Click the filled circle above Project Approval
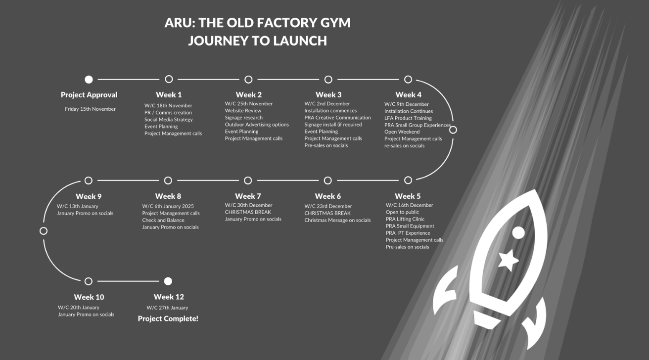click(x=89, y=79)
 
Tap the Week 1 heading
click(x=169, y=94)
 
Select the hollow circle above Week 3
click(x=328, y=79)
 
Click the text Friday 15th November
click(x=90, y=109)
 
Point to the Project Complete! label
click(x=168, y=318)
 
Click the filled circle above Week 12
click(x=168, y=281)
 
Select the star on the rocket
click(x=508, y=259)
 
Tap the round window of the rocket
click(x=518, y=232)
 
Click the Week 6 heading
click(x=328, y=196)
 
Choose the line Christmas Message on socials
click(x=337, y=220)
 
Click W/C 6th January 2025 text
click(x=168, y=206)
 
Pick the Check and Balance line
click(x=163, y=220)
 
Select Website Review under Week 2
click(x=243, y=111)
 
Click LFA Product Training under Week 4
click(x=408, y=118)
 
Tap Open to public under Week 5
click(x=402, y=212)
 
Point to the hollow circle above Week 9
click(x=89, y=180)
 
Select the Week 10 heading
click(x=89, y=297)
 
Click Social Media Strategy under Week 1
click(x=168, y=120)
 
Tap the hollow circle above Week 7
click(x=248, y=180)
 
